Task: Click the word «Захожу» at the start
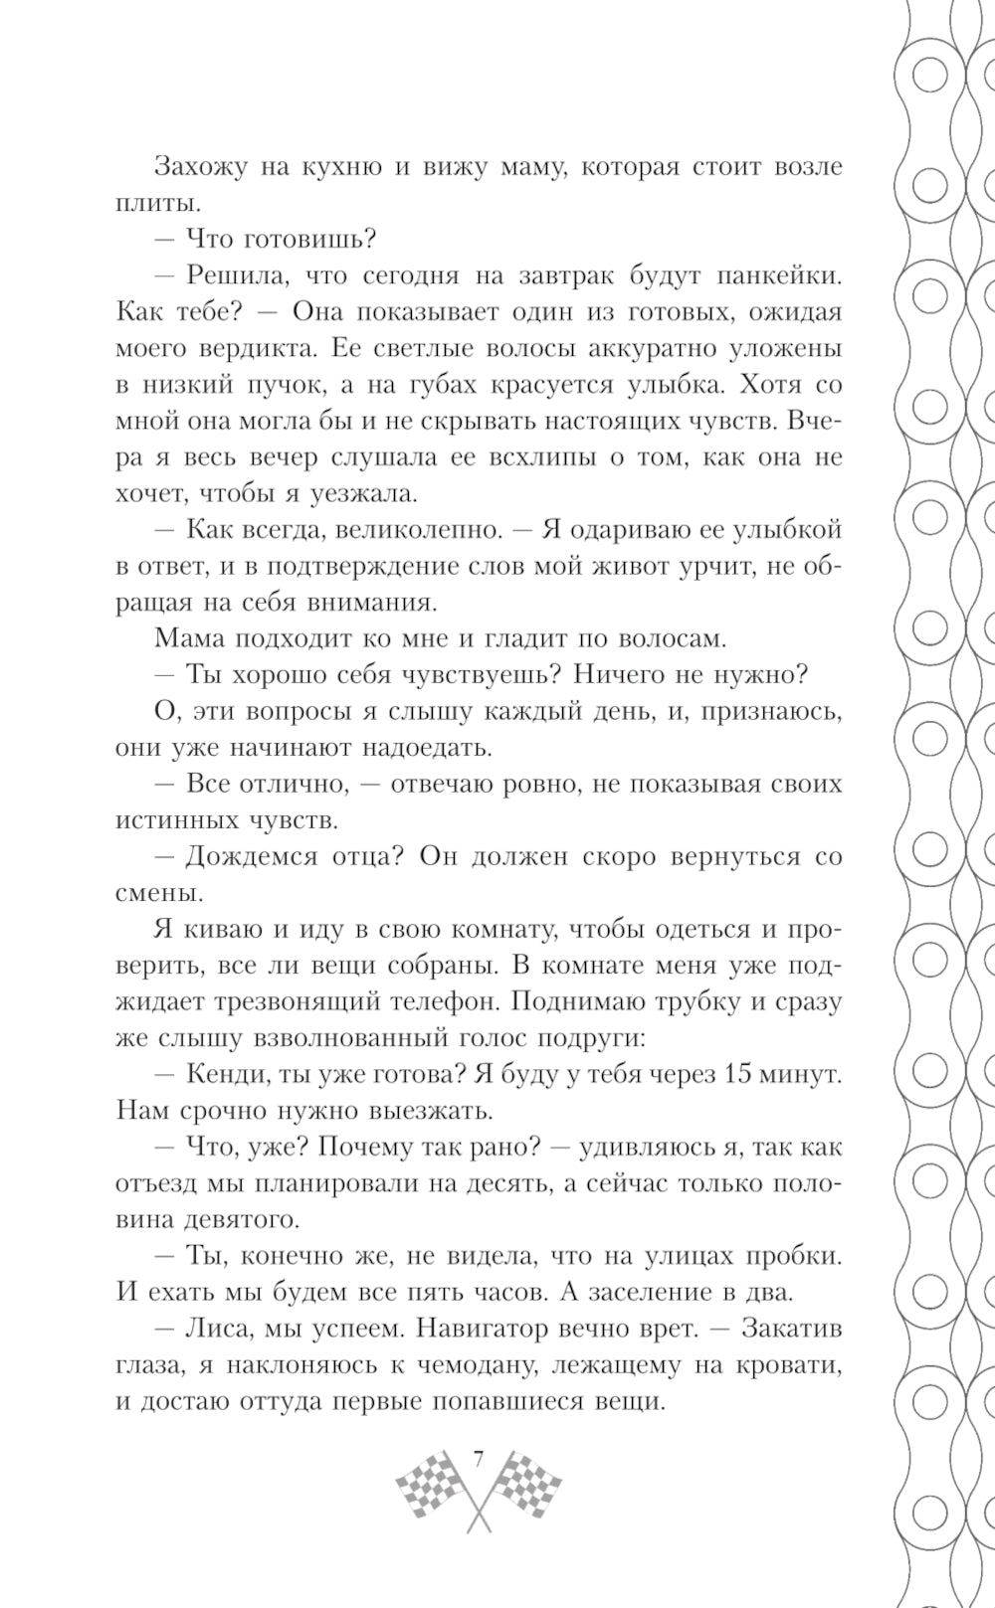(199, 166)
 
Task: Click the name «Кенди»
(221, 1074)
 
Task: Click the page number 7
(479, 1459)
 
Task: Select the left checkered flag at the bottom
(432, 1485)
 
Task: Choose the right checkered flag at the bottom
(524, 1485)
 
